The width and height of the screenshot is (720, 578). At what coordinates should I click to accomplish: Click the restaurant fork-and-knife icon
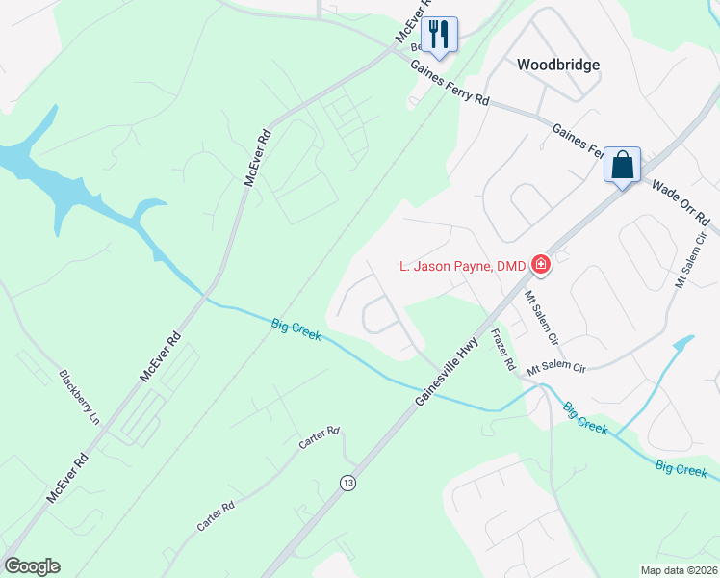439,33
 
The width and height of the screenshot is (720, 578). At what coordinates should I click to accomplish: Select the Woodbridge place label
558,65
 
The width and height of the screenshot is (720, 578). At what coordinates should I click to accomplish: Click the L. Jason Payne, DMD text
463,266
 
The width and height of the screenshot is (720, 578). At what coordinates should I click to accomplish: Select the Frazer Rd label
504,352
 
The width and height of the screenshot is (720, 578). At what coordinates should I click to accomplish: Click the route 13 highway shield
347,482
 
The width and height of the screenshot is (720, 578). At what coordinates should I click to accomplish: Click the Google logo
32,566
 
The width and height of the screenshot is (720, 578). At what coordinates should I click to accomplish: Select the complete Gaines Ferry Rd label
450,84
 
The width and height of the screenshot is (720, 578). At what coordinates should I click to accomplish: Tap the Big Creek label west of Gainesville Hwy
296,328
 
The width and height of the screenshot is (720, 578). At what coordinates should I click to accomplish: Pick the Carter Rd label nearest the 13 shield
320,437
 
